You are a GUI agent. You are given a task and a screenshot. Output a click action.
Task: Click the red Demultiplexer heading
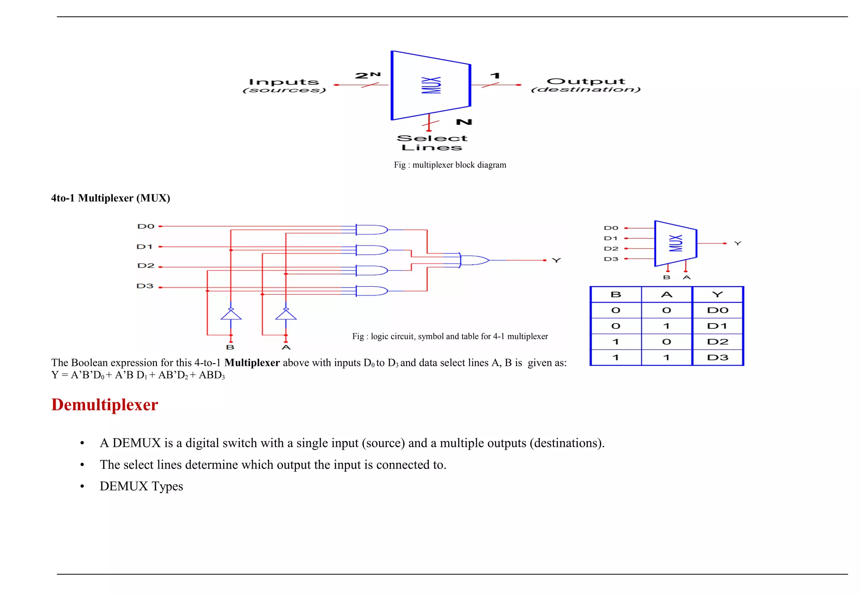tap(105, 405)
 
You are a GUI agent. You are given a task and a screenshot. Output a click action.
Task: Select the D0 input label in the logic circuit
tap(146, 226)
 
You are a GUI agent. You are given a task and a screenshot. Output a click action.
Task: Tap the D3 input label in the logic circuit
tap(145, 286)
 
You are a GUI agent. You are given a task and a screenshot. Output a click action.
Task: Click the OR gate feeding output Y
tap(474, 260)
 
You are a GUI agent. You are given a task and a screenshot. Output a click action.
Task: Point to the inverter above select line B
tap(231, 314)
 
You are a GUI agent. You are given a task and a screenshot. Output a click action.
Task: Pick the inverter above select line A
tap(286, 314)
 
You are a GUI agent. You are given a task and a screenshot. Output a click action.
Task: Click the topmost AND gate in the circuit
tap(371, 229)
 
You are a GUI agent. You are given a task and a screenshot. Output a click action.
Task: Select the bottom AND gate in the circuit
tap(371, 291)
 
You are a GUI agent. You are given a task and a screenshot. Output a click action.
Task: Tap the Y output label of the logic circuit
tap(556, 261)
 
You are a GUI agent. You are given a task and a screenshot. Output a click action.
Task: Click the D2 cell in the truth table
tap(717, 342)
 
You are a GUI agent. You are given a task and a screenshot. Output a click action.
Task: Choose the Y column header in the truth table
tap(717, 295)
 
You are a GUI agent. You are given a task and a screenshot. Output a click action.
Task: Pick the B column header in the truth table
tap(616, 295)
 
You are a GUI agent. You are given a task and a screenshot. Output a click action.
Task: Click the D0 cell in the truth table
tap(717, 311)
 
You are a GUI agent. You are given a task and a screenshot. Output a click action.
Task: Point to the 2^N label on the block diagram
tap(368, 76)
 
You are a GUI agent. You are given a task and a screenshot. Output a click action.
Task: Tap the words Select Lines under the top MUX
tap(432, 143)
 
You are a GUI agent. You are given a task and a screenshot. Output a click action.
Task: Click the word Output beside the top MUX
tap(586, 82)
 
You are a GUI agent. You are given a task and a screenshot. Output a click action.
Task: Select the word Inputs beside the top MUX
tap(284, 82)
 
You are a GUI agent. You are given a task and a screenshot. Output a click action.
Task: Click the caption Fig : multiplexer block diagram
tap(450, 165)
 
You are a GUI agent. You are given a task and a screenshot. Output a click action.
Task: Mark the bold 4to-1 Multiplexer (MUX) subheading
tap(111, 198)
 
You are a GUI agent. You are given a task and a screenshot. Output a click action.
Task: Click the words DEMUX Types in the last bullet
tap(141, 486)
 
